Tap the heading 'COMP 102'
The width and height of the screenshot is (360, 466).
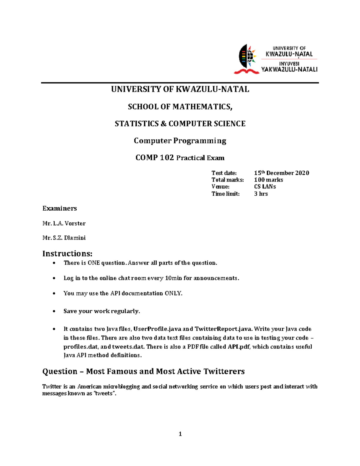point(154,158)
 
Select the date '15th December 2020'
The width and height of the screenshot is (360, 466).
point(281,173)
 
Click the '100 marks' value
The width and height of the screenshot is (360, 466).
point(268,180)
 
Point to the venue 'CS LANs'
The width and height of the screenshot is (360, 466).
point(265,187)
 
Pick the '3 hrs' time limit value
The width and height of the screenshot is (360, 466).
point(261,194)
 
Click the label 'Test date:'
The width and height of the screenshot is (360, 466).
point(224,173)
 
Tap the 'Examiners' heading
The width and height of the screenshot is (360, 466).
point(59,208)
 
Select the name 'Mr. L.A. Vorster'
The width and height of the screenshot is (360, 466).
point(64,223)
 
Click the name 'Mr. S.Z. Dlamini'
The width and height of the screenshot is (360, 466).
point(64,238)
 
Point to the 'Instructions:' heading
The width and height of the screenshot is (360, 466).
point(67,254)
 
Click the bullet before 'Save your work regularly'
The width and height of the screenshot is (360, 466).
point(54,311)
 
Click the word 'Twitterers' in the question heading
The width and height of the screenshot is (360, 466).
point(224,371)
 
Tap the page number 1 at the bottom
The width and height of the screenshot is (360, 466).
point(180,434)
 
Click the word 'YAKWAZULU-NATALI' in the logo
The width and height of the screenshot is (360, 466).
point(289,70)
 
